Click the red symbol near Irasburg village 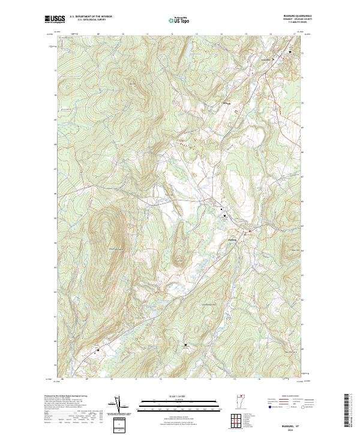click(244, 230)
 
